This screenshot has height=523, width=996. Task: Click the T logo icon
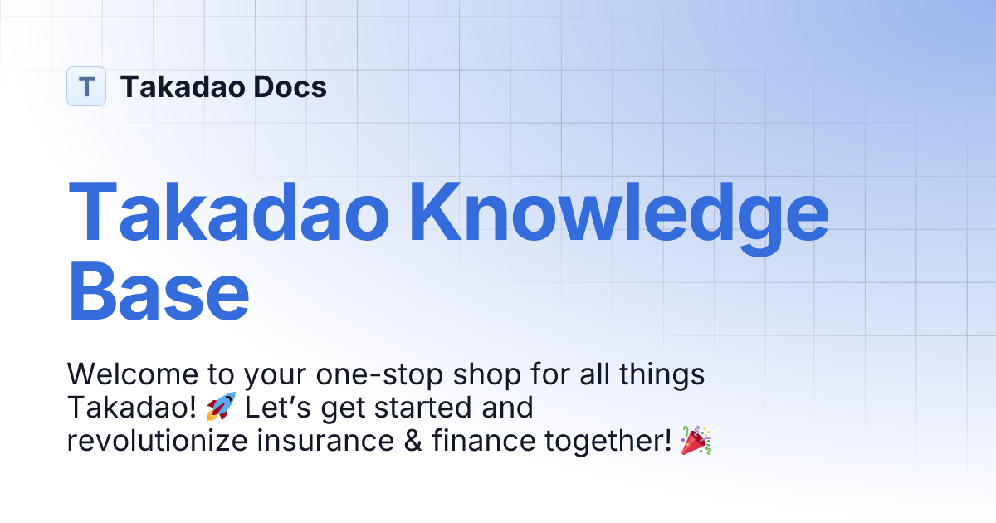(x=86, y=86)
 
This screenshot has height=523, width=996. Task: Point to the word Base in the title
(x=158, y=290)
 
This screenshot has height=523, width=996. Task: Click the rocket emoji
(x=221, y=408)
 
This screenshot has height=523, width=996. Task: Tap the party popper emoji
(x=696, y=441)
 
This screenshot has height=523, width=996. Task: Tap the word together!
(x=608, y=442)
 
